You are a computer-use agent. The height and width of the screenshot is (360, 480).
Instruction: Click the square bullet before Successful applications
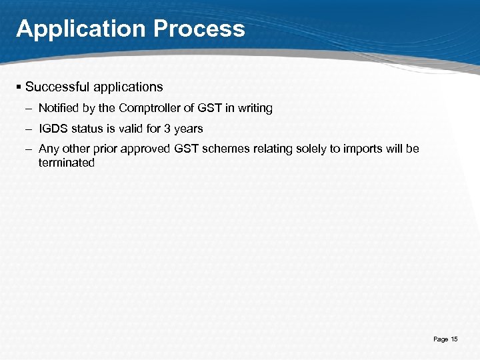19,87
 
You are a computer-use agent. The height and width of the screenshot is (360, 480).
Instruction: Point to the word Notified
58,108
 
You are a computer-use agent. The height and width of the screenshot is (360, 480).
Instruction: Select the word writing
253,108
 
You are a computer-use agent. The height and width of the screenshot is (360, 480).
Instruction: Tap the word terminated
67,163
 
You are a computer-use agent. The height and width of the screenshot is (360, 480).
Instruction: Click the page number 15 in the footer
454,339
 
